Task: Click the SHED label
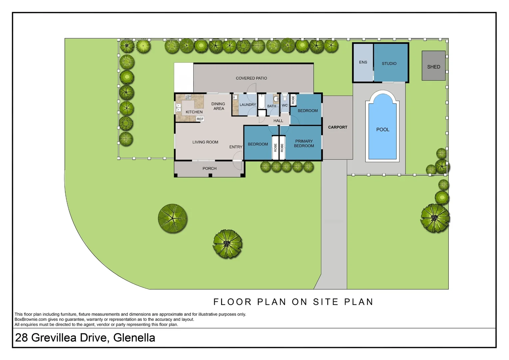(x=433, y=67)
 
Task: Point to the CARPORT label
(x=337, y=127)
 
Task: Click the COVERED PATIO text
(x=251, y=78)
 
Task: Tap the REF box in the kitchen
(x=200, y=119)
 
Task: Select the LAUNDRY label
(x=248, y=105)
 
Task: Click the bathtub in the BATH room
(x=261, y=101)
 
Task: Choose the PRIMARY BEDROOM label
(x=304, y=143)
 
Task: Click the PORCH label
(x=209, y=169)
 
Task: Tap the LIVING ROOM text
(x=205, y=142)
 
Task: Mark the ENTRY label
(x=236, y=147)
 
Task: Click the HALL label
(x=278, y=121)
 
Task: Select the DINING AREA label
(x=218, y=106)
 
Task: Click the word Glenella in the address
(x=134, y=338)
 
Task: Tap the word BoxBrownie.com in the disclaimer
(x=30, y=319)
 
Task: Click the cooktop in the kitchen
(x=188, y=97)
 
